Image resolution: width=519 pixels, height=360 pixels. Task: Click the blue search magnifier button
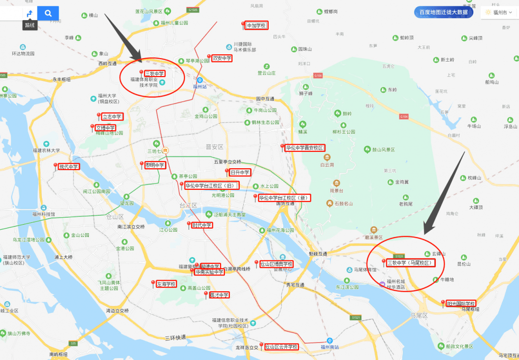(x=48, y=13)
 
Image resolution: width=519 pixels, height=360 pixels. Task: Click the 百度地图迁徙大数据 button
(x=443, y=12)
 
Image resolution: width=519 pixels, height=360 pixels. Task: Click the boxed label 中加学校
(x=257, y=25)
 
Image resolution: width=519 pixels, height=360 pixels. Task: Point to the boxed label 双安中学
(x=222, y=58)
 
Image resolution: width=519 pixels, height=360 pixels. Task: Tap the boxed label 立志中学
(x=112, y=116)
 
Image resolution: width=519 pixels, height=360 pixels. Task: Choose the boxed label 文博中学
(x=105, y=128)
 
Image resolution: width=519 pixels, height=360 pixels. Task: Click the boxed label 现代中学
(x=68, y=167)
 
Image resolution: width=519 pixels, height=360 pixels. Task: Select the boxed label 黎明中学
(x=155, y=165)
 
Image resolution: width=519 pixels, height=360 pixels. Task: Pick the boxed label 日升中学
(x=240, y=172)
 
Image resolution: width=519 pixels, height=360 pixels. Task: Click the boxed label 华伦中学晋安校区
(x=305, y=148)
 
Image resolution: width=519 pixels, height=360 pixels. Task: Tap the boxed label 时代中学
(x=202, y=225)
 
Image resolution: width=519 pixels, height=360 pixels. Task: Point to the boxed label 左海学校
(x=166, y=284)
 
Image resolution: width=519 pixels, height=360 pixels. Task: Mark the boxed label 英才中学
(x=219, y=295)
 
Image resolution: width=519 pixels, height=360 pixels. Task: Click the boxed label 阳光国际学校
(x=461, y=303)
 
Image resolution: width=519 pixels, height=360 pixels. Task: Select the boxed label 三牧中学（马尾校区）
(x=410, y=263)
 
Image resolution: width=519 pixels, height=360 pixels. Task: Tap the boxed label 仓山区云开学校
(x=282, y=347)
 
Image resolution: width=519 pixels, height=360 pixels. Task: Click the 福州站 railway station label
(x=199, y=87)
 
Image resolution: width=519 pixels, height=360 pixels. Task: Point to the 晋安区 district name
(x=215, y=147)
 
